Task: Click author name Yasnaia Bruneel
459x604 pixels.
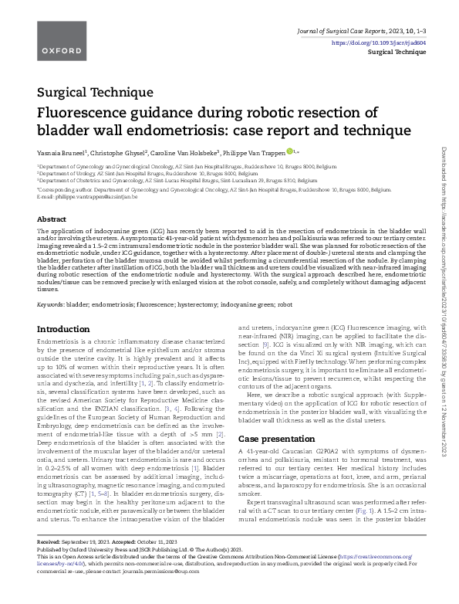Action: (x=62, y=152)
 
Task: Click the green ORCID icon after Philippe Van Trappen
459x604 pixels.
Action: (x=290, y=151)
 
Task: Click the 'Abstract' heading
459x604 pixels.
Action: (x=52, y=219)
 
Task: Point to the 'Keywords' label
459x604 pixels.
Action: (x=51, y=304)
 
